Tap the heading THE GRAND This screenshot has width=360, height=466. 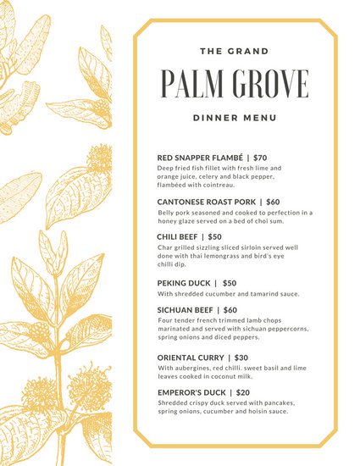tap(234, 52)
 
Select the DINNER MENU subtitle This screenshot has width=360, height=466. tap(234, 118)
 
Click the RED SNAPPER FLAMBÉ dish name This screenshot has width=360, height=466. tap(201, 158)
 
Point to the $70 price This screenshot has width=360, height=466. tap(260, 158)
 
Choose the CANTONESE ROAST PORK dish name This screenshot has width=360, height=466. tap(207, 202)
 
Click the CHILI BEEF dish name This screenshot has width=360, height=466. tap(177, 237)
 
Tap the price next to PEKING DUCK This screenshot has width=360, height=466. tap(230, 283)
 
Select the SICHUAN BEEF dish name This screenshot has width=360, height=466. tap(186, 310)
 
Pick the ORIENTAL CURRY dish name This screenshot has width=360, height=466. tap(191, 358)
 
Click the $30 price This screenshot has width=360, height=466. tap(241, 358)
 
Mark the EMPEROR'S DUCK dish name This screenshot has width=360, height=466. tap(191, 393)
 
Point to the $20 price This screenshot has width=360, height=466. tap(243, 393)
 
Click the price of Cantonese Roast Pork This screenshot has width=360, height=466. tap(273, 202)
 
